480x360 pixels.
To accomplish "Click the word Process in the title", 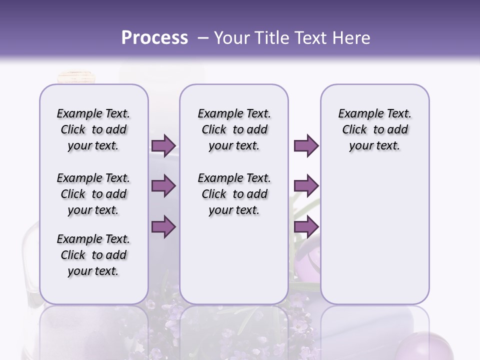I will [154, 38].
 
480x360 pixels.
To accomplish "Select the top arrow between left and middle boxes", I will [163, 145].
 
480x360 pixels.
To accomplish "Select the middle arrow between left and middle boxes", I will [163, 186].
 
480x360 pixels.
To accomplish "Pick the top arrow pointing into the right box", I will [306, 145].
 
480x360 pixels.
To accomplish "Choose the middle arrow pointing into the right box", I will [306, 186].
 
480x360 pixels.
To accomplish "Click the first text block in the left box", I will [93, 129].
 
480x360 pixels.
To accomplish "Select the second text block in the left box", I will [93, 194].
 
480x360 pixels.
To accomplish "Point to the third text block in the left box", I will [93, 255].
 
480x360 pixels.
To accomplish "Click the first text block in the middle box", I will [234, 129].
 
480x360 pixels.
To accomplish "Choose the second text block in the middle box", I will [234, 194].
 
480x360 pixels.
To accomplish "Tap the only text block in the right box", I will [374, 129].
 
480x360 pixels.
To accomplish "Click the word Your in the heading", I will [233, 38].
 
